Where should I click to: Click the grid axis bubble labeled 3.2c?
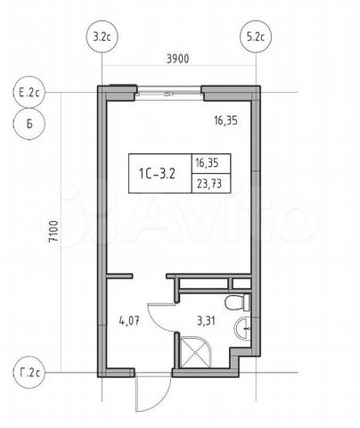pyautogui.click(x=102, y=37)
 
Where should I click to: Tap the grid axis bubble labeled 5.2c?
pyautogui.click(x=256, y=37)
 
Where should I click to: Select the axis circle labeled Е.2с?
pyautogui.click(x=29, y=93)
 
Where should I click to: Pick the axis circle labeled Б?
pyautogui.click(x=29, y=124)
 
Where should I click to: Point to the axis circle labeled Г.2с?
pyautogui.click(x=29, y=373)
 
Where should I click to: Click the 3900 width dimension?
pyautogui.click(x=177, y=59)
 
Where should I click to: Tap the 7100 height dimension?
pyautogui.click(x=54, y=231)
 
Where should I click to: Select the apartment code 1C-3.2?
pyautogui.click(x=157, y=174)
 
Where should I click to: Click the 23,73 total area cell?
pyautogui.click(x=209, y=184)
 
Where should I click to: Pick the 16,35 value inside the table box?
pyautogui.click(x=207, y=163)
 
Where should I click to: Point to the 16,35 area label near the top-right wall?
pyautogui.click(x=225, y=120)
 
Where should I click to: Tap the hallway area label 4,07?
pyautogui.click(x=129, y=321)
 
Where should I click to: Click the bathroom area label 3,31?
pyautogui.click(x=206, y=321)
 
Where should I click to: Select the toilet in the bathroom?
pyautogui.click(x=237, y=302)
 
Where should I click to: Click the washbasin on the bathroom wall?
pyautogui.click(x=242, y=328)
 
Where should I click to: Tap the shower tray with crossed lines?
pyautogui.click(x=195, y=352)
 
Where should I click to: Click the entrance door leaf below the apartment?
pyautogui.click(x=136, y=394)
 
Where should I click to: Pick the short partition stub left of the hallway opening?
pyautogui.click(x=119, y=276)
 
